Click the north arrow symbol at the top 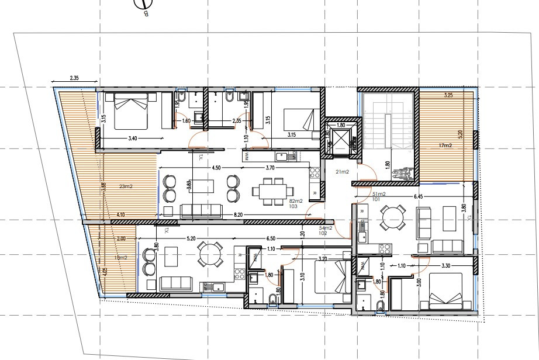click(141, 5)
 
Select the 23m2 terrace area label click(125, 187)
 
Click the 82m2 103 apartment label click(296, 203)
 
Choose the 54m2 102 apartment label click(326, 229)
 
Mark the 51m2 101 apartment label click(379, 196)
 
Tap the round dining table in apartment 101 click(391, 220)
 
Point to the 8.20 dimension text click(239, 215)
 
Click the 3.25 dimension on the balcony click(448, 95)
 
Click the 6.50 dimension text click(269, 239)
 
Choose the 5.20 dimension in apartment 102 click(191, 239)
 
